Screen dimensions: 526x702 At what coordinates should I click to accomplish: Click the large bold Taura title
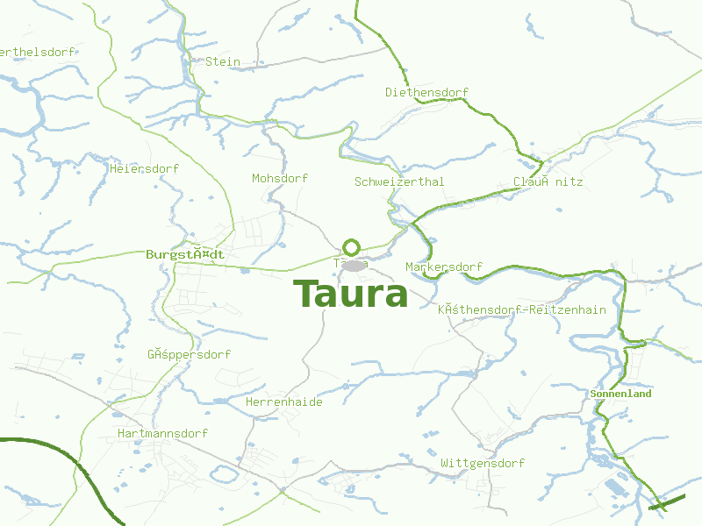coord(350,295)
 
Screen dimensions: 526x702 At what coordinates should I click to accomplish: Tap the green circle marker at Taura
coord(351,247)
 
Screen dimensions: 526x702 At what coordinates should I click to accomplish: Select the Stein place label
coord(222,62)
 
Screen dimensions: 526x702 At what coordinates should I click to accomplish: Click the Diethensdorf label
coord(426,92)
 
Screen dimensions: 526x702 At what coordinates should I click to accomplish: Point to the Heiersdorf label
coord(145,168)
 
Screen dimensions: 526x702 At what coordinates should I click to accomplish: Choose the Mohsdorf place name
coord(280,178)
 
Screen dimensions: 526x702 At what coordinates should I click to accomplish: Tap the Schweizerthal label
coord(399,181)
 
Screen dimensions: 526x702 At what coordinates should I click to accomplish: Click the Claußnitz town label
coord(548,182)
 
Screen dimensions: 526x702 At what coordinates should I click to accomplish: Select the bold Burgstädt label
coord(184,254)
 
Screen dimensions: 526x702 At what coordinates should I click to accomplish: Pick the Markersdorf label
coord(444,267)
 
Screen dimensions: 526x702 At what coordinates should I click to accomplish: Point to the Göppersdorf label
coord(189,355)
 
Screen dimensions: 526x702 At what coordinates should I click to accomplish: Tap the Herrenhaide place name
coord(284,402)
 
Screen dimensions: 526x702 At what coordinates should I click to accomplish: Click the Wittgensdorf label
coord(483,463)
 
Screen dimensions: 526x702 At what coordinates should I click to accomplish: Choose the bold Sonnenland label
coord(620,394)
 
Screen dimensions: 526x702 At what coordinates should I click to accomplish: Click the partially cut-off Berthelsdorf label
coord(37,52)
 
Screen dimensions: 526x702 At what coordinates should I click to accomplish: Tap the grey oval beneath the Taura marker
coord(353,265)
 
